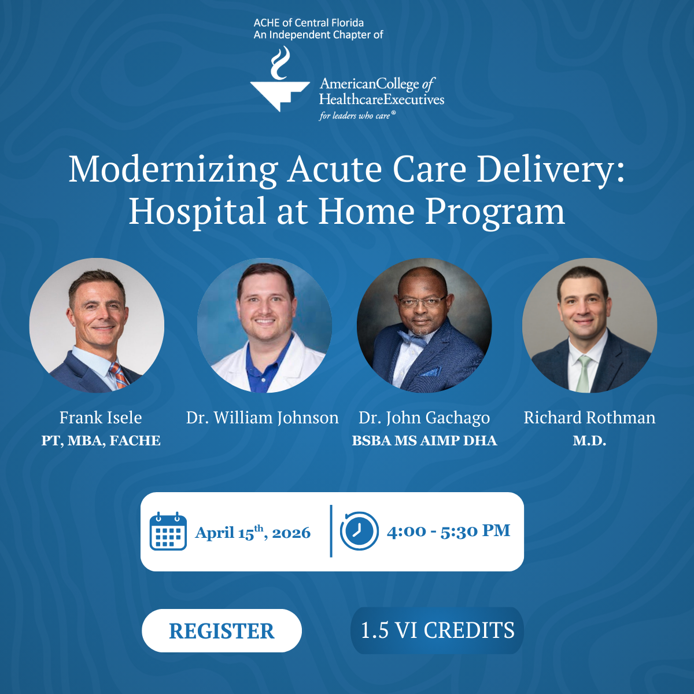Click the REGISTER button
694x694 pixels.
pyautogui.click(x=222, y=631)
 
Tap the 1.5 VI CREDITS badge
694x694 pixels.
pyautogui.click(x=437, y=630)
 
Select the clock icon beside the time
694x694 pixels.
pyautogui.click(x=359, y=531)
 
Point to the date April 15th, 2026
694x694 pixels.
pyautogui.click(x=253, y=533)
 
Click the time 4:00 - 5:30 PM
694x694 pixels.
pyautogui.click(x=448, y=531)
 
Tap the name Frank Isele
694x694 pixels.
pyautogui.click(x=101, y=418)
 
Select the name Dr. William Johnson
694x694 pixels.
pyautogui.click(x=262, y=418)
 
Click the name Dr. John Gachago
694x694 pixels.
pyautogui.click(x=424, y=418)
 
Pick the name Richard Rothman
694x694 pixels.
pyautogui.click(x=589, y=418)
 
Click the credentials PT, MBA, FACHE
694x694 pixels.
pyautogui.click(x=101, y=441)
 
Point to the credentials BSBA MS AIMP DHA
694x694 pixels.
pyautogui.click(x=424, y=441)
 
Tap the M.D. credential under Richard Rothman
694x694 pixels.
pyautogui.click(x=589, y=441)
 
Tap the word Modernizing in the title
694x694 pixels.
pyautogui.click(x=173, y=170)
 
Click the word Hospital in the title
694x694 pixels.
pyautogui.click(x=197, y=212)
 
